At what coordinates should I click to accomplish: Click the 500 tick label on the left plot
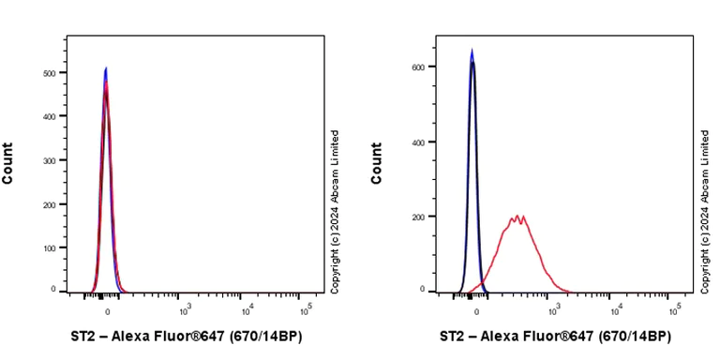pos(48,72)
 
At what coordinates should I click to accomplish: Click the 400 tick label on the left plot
pos(48,116)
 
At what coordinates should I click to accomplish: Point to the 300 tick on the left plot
pos(48,160)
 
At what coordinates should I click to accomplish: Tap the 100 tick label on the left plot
pos(48,247)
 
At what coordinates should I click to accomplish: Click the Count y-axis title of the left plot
pos(8,163)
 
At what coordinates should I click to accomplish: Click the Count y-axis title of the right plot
pos(377,163)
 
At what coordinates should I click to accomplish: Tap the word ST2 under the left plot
pos(84,336)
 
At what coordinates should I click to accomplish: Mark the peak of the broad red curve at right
pos(517,217)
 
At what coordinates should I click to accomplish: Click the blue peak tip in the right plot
pos(472,51)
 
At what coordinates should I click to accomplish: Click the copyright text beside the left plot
pos(336,212)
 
